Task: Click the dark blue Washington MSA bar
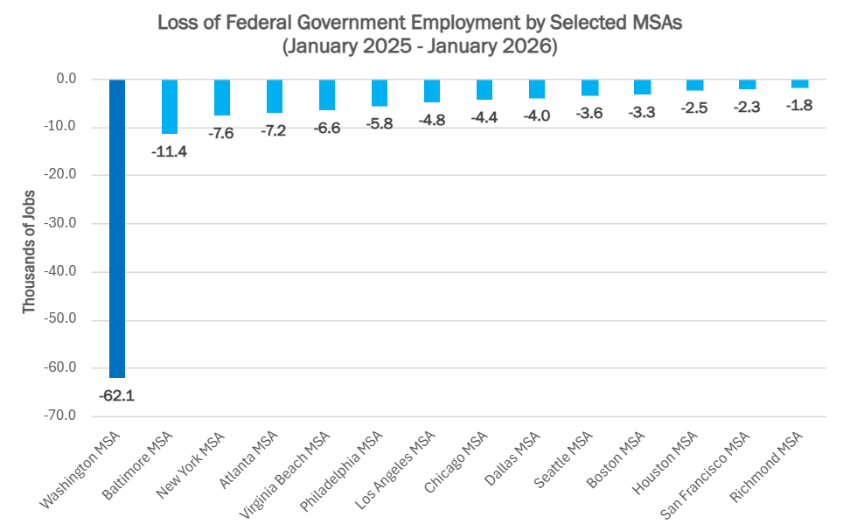tap(116, 228)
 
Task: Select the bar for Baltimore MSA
tap(169, 107)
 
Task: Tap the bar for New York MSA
tap(221, 97)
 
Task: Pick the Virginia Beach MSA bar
tap(326, 94)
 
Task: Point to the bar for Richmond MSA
tap(799, 84)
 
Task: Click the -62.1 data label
tap(116, 395)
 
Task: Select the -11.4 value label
tap(169, 151)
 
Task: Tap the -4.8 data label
tap(431, 120)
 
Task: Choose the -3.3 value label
tap(642, 112)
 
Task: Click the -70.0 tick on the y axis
tap(60, 416)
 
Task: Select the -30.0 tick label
tap(60, 223)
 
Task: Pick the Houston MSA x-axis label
tap(676, 461)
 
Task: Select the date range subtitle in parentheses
tap(420, 47)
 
